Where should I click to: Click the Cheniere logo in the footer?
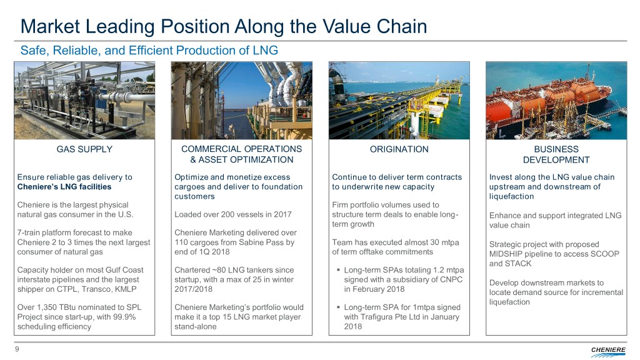[608, 351]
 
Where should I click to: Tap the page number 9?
[17, 349]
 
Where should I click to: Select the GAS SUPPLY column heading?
[84, 149]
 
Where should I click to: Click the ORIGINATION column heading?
[399, 149]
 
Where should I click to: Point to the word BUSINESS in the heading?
[556, 149]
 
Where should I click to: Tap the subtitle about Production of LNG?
[149, 51]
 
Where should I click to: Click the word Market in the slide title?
[50, 26]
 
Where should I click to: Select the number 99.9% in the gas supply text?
[124, 317]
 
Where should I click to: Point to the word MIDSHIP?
[505, 254]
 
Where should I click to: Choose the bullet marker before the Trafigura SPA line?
[338, 307]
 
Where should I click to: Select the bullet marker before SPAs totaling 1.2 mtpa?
[338, 270]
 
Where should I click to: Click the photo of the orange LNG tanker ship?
[556, 101]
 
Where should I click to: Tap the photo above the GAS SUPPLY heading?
[84, 101]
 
